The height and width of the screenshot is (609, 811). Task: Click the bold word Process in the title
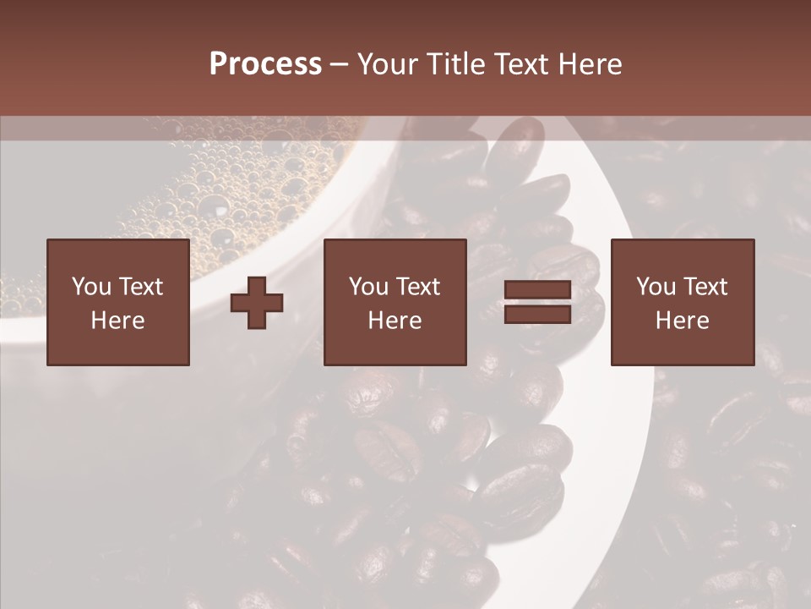point(265,64)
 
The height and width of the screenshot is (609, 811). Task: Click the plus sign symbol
point(257,303)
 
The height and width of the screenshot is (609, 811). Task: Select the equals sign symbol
point(537,302)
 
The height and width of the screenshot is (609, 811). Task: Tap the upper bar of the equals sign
point(537,290)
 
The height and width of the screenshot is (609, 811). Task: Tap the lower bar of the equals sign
point(537,314)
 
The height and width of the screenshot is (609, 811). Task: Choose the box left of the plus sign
point(118,303)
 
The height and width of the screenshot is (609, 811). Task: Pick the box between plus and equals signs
point(395,303)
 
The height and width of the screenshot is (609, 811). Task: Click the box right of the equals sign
point(683,303)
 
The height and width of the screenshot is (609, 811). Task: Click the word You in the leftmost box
point(90,287)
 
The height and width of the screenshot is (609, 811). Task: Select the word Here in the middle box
point(395,321)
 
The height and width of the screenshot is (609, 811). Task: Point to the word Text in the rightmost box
point(705,287)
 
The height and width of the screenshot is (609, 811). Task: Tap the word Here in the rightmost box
point(683,321)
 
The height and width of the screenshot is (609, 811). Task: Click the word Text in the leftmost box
point(141,287)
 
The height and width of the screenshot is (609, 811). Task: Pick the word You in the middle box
point(367,287)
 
